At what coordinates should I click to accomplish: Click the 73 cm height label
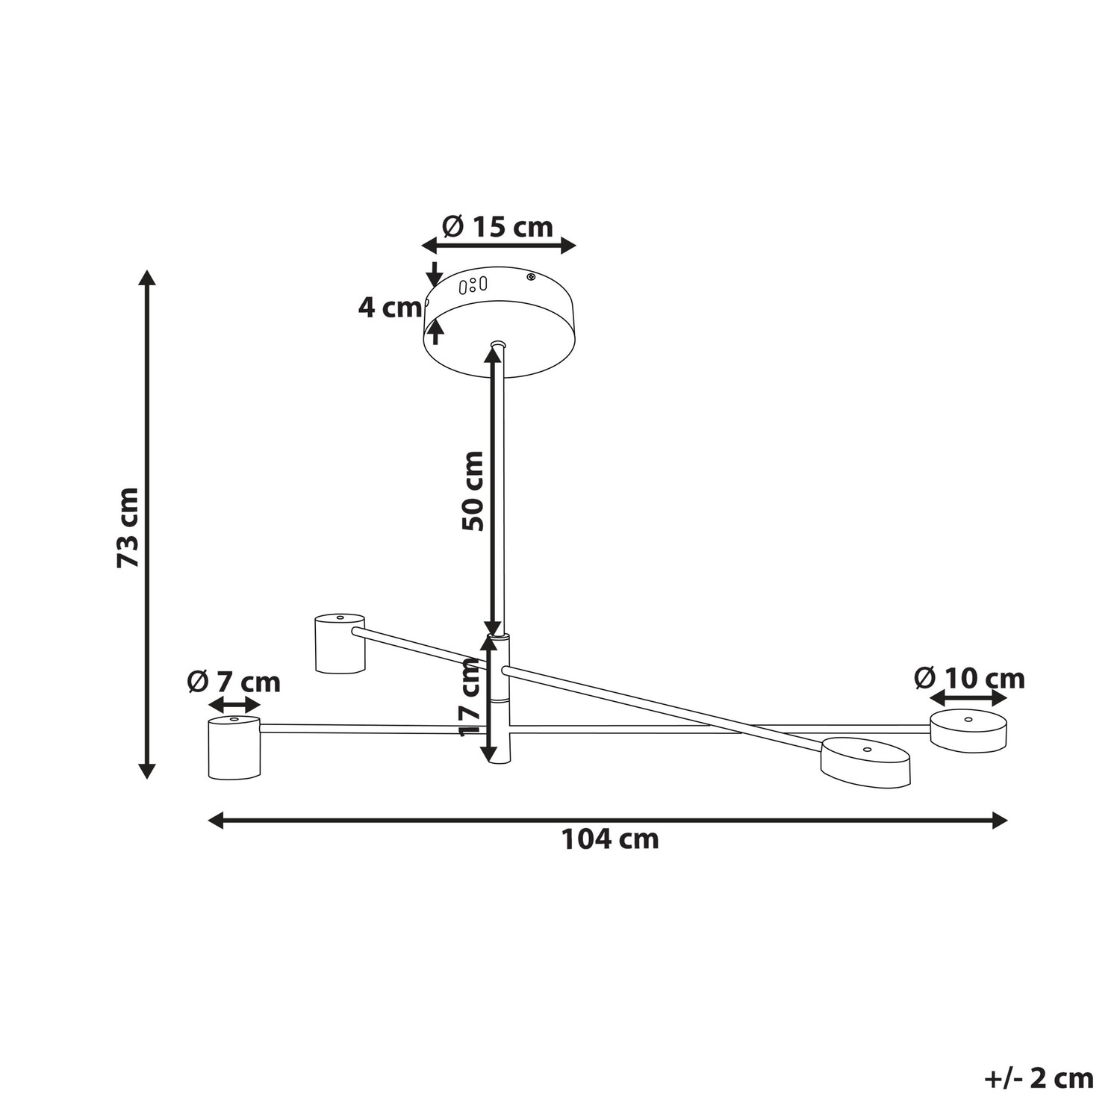(128, 526)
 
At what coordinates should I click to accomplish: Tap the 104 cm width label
(610, 839)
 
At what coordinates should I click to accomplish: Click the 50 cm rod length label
(473, 491)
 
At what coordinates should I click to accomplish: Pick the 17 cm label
(471, 698)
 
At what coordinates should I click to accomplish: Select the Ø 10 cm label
(969, 678)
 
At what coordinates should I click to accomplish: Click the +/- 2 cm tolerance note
(1039, 1078)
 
